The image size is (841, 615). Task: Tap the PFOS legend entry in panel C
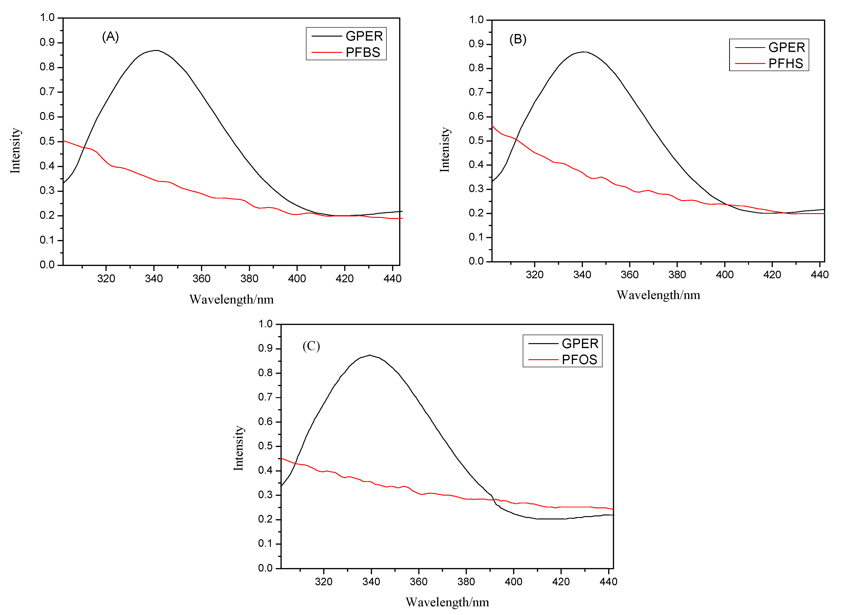(579, 360)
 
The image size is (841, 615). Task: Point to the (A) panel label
(110, 37)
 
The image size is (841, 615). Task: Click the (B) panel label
(518, 39)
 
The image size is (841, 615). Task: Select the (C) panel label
(311, 346)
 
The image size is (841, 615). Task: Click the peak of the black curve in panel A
(156, 50)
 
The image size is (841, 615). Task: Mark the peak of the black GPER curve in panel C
(369, 355)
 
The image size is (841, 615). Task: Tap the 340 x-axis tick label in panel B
(582, 275)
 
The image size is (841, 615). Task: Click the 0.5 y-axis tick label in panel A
(47, 141)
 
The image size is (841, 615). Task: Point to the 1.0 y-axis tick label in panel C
(265, 324)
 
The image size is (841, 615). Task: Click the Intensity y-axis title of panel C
(238, 448)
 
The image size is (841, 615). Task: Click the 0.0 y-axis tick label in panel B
(476, 261)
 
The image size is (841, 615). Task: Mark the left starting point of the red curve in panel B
(492, 126)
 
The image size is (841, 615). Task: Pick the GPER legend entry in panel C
(579, 343)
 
